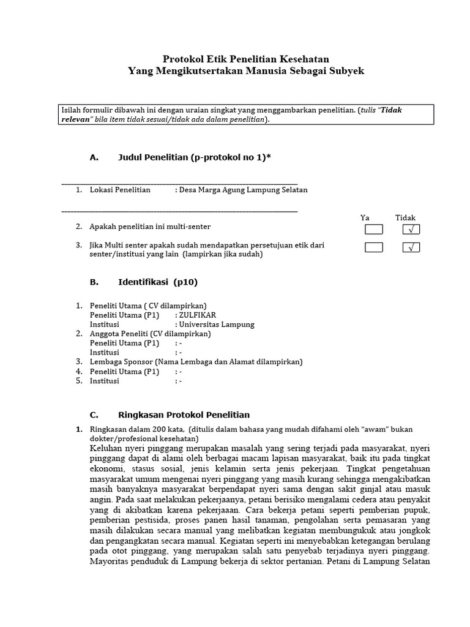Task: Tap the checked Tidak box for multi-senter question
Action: coord(411,230)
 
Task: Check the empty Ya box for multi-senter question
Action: coord(373,230)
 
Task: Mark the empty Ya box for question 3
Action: coord(373,247)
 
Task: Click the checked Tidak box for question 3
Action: coord(411,247)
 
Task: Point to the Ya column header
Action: coord(365,217)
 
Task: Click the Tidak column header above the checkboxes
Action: coord(405,217)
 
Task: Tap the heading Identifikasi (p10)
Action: coord(157,282)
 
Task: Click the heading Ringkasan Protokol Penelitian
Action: coord(184,415)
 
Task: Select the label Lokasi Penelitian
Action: coord(120,190)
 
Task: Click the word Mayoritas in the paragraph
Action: coord(111,561)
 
